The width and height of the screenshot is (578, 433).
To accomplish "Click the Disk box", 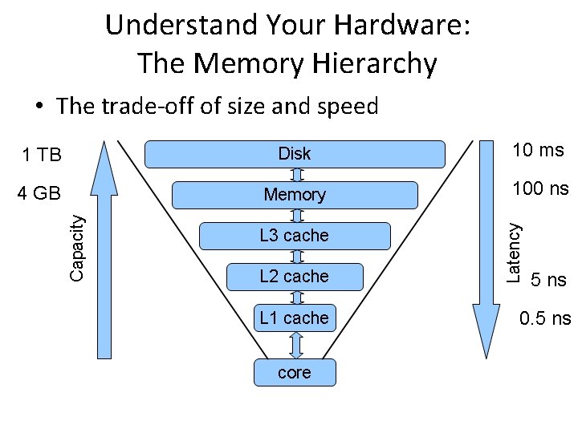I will [x=295, y=153].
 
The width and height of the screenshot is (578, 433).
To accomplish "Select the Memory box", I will [x=295, y=195].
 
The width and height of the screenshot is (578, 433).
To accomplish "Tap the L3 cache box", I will [x=295, y=236].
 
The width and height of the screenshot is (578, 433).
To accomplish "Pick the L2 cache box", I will [x=295, y=277].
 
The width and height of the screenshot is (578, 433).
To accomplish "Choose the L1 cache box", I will [x=295, y=318].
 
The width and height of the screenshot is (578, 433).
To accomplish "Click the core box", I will [x=295, y=373].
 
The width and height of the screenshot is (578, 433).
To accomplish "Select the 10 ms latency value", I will [x=539, y=150].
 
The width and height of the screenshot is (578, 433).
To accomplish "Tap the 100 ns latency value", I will [x=540, y=189].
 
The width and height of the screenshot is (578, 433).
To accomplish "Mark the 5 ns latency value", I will [x=549, y=280].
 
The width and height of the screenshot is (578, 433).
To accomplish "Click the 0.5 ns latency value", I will [x=545, y=318].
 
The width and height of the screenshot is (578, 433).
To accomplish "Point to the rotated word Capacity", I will [x=77, y=245].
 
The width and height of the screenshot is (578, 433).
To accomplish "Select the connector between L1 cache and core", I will [x=295, y=345].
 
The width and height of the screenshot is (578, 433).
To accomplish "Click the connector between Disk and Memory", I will [x=295, y=174].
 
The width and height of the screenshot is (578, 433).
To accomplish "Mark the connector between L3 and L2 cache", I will [x=295, y=257].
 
